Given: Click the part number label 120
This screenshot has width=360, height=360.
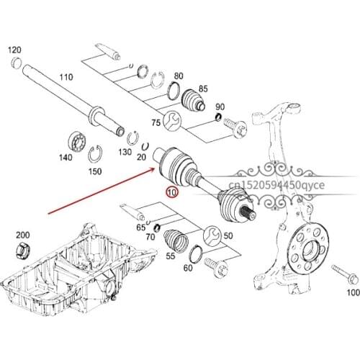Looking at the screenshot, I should pos(14,50).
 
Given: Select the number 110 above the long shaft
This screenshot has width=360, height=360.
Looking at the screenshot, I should pos(66,77).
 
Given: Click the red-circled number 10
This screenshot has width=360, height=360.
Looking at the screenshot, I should pos(171,192).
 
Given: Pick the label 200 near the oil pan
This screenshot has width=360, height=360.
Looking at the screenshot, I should pos(22,235).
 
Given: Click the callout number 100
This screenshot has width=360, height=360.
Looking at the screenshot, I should pos(352,293).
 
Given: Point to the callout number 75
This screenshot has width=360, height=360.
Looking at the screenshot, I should pos(155,123).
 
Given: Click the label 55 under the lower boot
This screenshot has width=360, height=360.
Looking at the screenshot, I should pos(172,256).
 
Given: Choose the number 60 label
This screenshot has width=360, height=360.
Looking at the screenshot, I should pos(188,269).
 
